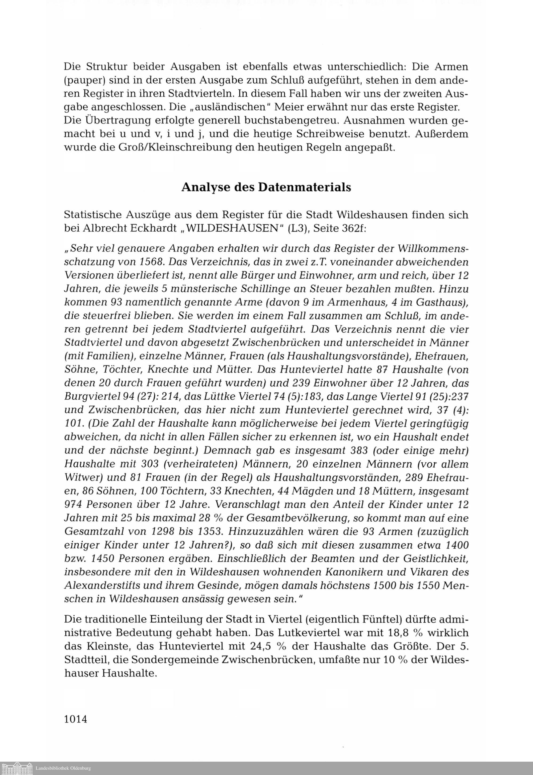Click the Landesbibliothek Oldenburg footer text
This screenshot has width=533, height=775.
[x=63, y=769]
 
